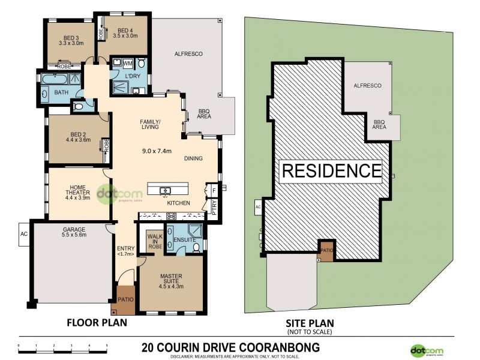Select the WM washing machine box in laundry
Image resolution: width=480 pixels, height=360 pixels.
click(x=127, y=63)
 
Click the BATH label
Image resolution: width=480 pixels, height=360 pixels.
click(x=62, y=92)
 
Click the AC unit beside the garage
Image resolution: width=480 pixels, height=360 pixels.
click(x=24, y=233)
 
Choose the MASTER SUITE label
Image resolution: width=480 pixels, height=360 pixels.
click(x=170, y=280)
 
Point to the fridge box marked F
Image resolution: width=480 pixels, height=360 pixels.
click(x=212, y=190)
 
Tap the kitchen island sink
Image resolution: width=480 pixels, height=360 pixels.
click(x=164, y=191)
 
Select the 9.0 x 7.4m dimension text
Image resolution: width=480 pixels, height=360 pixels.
click(x=156, y=150)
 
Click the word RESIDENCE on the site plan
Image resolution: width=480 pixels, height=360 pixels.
click(x=331, y=171)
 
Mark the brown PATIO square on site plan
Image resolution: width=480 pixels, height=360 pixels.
click(x=326, y=250)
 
